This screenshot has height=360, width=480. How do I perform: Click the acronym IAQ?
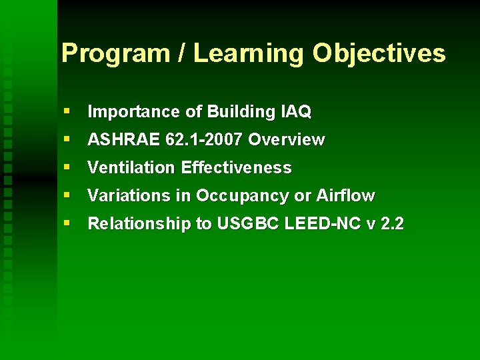tap(297, 111)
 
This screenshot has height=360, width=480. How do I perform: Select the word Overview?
tap(287, 139)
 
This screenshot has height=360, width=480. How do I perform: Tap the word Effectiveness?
tap(237, 167)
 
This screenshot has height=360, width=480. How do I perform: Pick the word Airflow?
tap(345, 195)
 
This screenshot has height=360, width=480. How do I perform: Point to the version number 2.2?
tap(391, 223)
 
